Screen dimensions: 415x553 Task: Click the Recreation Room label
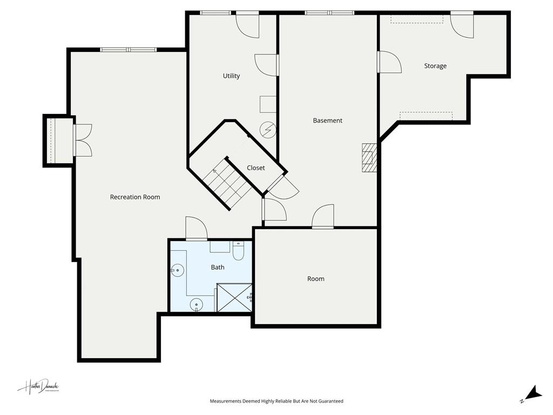135,197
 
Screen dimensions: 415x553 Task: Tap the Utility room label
231,76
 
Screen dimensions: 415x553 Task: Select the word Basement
327,121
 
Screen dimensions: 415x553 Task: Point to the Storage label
435,66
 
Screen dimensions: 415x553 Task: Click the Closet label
255,168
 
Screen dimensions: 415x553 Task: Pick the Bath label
218,267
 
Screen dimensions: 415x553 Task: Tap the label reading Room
316,279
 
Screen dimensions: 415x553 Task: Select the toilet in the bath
239,251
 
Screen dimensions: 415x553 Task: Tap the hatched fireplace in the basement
369,157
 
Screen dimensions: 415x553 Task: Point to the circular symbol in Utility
267,130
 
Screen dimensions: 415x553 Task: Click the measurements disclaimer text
276,401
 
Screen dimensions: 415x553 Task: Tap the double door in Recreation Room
83,140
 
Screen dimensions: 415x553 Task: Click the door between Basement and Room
323,217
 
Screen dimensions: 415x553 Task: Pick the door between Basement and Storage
389,62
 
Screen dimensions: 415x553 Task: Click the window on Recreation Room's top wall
128,50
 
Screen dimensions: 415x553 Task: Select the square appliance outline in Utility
268,104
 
